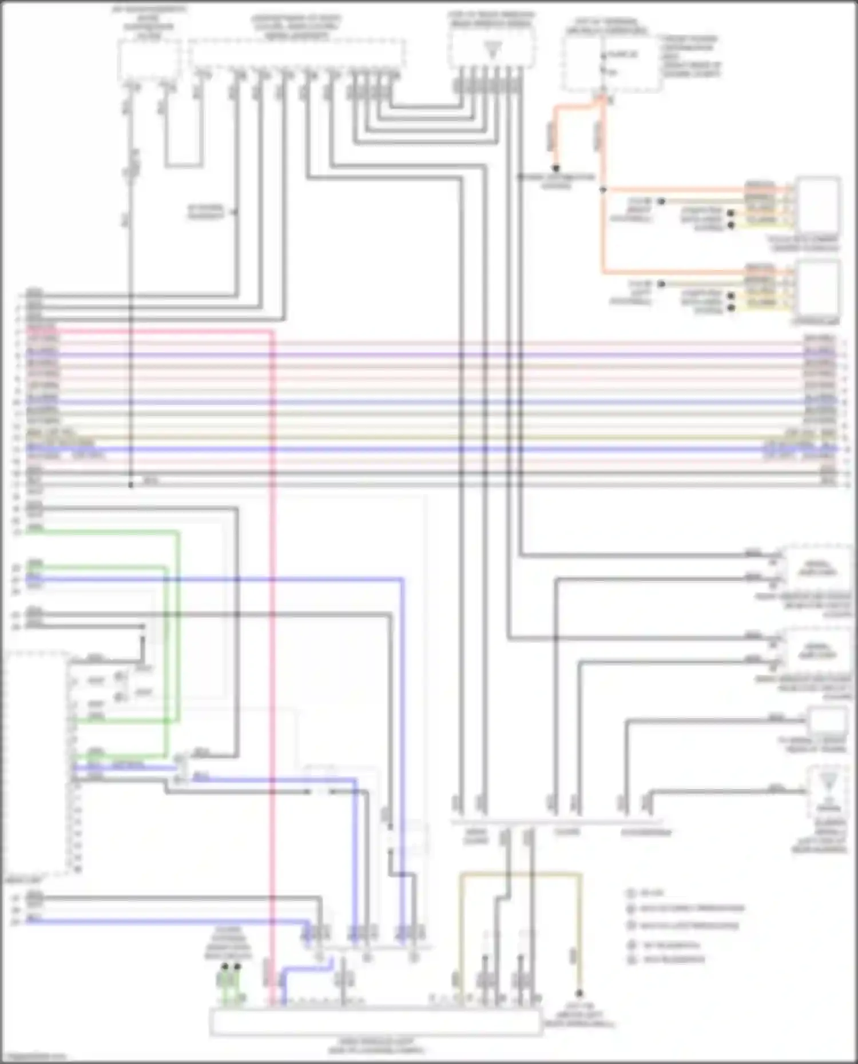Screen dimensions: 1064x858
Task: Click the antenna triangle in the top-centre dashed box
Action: click(x=492, y=50)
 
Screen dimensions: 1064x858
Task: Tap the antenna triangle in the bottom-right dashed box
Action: click(x=828, y=781)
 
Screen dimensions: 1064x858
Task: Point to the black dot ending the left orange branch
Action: click(x=555, y=169)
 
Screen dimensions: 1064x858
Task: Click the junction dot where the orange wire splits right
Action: click(x=602, y=189)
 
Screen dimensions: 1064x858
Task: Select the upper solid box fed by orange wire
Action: click(x=818, y=205)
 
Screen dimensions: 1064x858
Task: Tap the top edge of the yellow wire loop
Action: click(x=521, y=874)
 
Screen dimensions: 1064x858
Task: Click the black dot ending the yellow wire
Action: click(x=579, y=994)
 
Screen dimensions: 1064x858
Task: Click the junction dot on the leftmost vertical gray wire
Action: click(x=131, y=485)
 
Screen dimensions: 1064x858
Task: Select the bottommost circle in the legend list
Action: click(x=631, y=960)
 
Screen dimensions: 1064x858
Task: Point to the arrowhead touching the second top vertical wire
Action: click(x=235, y=212)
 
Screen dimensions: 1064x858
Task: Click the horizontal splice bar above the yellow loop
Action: click(x=558, y=822)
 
